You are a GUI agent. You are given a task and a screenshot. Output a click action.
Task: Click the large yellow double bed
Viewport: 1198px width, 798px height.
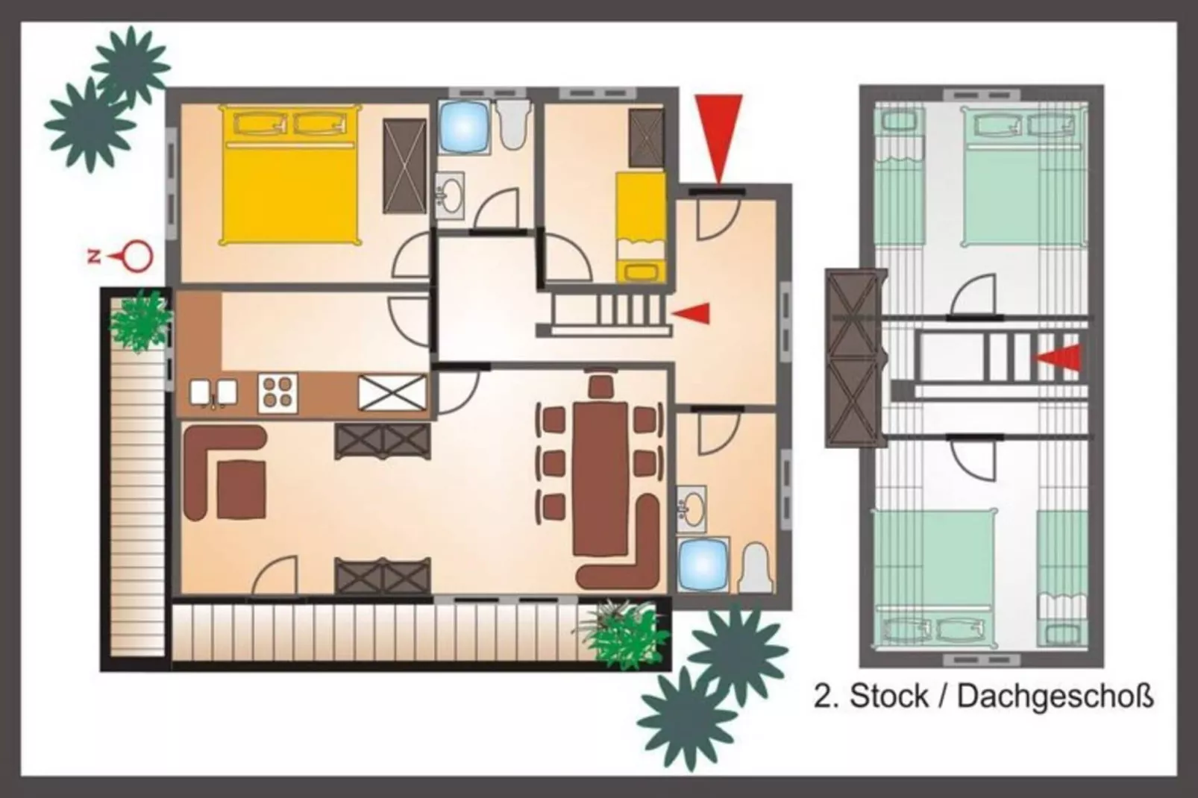[289, 175]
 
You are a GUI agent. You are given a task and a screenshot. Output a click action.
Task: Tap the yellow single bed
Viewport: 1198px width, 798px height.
[642, 227]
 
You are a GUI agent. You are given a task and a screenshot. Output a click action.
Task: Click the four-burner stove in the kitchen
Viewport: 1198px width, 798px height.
[278, 393]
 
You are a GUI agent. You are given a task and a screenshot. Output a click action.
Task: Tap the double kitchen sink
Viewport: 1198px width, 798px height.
[213, 393]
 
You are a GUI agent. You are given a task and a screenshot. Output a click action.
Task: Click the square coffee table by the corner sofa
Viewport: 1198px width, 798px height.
[241, 489]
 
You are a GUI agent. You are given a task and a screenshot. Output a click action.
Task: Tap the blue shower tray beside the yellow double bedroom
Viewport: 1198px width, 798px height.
[464, 127]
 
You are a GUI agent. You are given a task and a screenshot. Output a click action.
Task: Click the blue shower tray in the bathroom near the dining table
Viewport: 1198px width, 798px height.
[703, 565]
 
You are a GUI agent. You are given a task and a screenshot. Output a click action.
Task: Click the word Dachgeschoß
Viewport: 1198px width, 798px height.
[1055, 697]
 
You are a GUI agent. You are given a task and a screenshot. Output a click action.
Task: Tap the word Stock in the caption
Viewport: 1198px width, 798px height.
[882, 696]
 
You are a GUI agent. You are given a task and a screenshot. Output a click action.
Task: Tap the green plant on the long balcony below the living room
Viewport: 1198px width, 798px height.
[623, 635]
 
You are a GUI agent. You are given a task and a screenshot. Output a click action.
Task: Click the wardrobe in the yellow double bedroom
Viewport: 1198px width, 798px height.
[405, 166]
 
